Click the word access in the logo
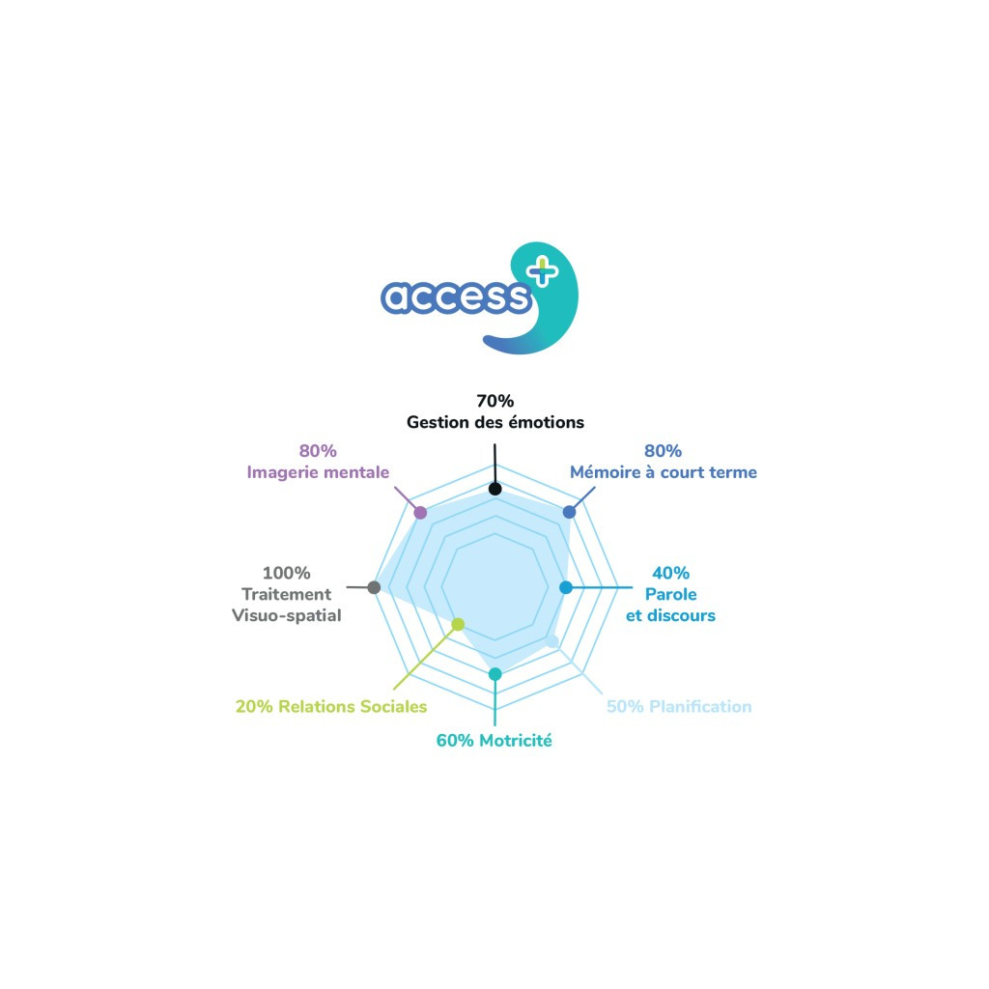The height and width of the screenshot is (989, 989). [456, 297]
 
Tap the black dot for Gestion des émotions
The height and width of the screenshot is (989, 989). [494, 489]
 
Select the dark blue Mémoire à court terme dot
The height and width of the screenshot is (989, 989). [569, 511]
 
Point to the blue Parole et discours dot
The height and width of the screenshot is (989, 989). [567, 586]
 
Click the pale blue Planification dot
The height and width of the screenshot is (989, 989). [552, 641]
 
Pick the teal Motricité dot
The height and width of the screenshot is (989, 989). [494, 673]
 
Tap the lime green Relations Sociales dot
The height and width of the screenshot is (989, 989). [459, 625]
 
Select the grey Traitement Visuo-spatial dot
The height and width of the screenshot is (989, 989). [375, 586]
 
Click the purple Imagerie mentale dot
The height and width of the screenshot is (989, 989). [419, 511]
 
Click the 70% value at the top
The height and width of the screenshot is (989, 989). [494, 401]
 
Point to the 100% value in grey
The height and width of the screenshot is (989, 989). [286, 573]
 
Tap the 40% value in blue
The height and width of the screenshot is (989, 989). [670, 573]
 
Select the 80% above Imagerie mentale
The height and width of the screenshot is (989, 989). [317, 451]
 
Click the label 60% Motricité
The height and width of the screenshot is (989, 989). [494, 741]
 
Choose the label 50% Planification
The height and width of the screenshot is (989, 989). [678, 706]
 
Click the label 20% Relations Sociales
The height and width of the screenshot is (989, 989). [331, 706]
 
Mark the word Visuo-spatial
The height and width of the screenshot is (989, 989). [286, 615]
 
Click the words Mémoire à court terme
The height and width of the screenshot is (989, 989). [663, 472]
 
